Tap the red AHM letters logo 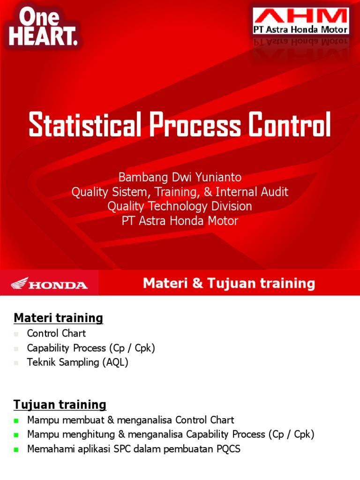tap(300, 17)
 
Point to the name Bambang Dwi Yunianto tap(180, 177)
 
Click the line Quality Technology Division tap(180, 206)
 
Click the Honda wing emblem tap(20, 283)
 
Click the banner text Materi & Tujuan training tap(229, 283)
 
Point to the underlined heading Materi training tap(58, 318)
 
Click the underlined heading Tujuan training tap(60, 405)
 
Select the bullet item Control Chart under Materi tap(56, 334)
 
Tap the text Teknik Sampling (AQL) tap(77, 362)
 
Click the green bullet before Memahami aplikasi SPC tap(16, 450)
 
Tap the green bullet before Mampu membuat tap(16, 420)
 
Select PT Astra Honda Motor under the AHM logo tap(300, 30)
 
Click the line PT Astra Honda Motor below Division tap(180, 221)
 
